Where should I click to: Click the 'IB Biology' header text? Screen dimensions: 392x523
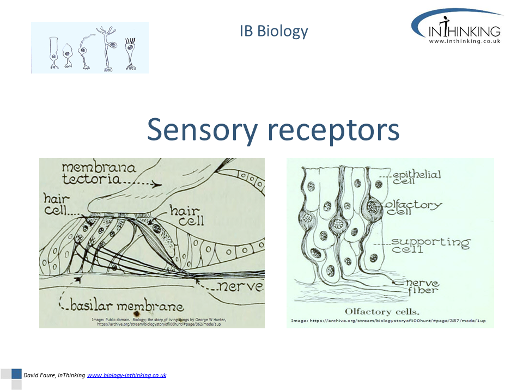pos(273,32)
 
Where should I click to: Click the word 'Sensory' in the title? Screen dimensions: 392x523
pos(203,131)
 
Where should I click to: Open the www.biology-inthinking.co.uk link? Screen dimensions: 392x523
pos(126,375)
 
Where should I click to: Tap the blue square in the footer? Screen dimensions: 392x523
pos(16,375)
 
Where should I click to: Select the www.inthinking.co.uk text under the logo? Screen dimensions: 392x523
pos(464,41)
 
